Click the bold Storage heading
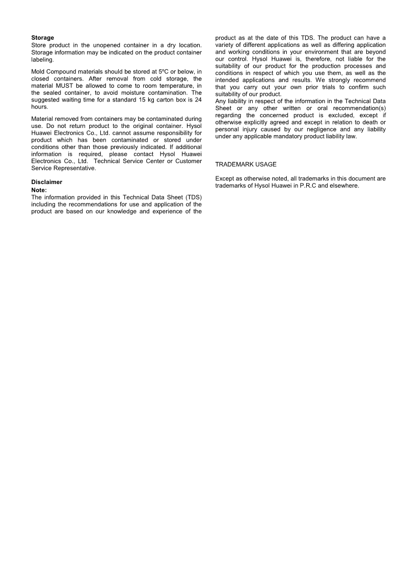tap(43, 38)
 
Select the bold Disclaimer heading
tap(47, 182)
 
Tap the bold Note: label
tap(39, 190)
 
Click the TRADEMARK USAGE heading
tap(246, 164)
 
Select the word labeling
tap(42, 59)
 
